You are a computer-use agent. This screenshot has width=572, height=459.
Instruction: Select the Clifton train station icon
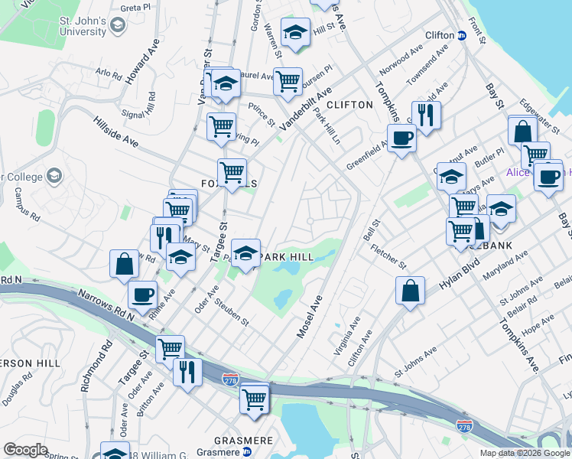462,35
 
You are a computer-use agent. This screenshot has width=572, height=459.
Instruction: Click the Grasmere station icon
247,451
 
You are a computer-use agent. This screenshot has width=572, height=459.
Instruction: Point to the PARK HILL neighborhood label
288,258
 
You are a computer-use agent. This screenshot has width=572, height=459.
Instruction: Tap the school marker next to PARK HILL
245,253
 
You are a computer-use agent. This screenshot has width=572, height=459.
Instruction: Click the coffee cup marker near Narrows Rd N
142,294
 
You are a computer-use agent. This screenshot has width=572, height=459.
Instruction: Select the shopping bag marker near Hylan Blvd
411,291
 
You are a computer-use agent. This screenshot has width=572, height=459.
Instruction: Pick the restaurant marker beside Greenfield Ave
427,115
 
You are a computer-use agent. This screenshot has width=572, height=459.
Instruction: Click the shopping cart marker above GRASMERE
254,398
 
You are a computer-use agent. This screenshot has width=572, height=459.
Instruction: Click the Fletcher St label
389,256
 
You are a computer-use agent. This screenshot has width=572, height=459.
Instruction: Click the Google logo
25,450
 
